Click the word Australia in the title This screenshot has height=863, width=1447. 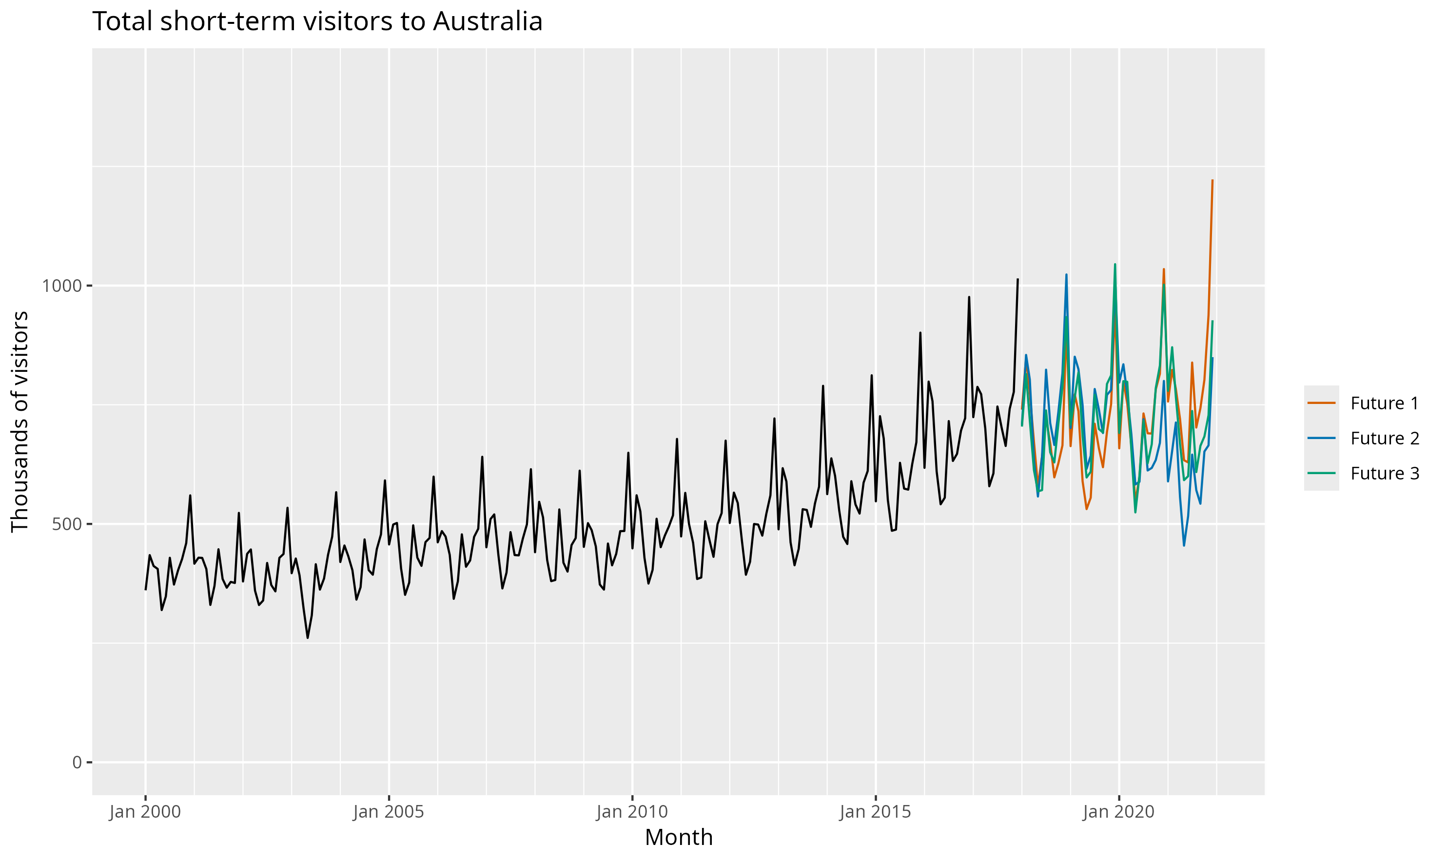(488, 21)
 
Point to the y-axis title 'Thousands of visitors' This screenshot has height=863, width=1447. (20, 422)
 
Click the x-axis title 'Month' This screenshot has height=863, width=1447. (679, 837)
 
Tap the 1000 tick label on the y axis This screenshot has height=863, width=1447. (60, 286)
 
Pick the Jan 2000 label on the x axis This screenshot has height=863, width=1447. (145, 812)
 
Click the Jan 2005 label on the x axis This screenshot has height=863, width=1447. (388, 812)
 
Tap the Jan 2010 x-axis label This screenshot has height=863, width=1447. (632, 812)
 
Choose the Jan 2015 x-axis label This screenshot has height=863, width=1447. (875, 812)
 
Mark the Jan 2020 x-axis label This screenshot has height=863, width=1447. (1118, 812)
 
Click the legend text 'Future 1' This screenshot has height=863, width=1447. (1384, 403)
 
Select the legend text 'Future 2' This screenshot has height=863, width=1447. (1384, 438)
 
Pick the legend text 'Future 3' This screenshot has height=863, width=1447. (1384, 473)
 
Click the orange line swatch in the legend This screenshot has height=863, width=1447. (1321, 403)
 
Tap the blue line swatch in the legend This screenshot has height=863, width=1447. (1321, 438)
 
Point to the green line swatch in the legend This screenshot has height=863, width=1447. (1321, 473)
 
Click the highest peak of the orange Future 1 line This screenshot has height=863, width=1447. (1212, 180)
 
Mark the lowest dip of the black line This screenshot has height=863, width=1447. (308, 638)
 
